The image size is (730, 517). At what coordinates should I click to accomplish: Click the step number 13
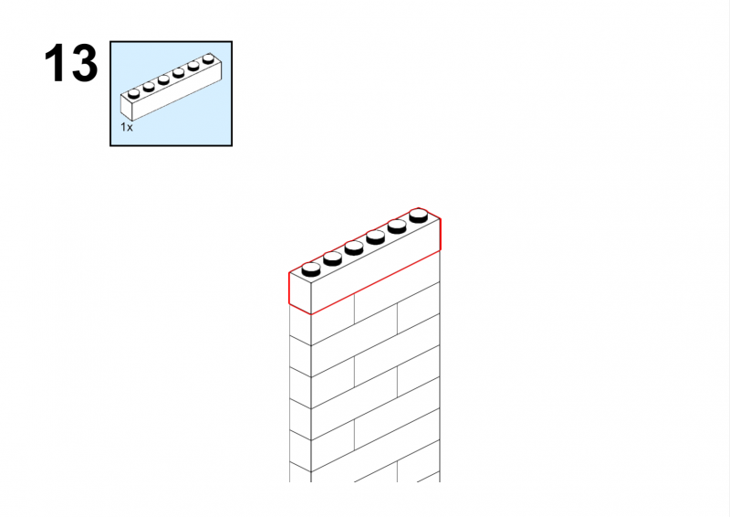[71, 63]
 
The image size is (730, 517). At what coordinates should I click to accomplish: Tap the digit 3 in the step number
[84, 63]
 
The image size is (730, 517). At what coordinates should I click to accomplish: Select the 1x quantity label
[127, 127]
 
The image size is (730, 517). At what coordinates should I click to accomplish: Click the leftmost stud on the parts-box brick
[133, 94]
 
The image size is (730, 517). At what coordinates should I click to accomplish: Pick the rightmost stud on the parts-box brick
[208, 58]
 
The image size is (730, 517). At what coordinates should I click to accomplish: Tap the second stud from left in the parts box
[149, 87]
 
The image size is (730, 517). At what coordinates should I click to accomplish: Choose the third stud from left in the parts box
[163, 79]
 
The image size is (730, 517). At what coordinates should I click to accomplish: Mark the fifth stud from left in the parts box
[193, 66]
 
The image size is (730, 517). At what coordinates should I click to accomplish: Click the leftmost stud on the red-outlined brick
[311, 269]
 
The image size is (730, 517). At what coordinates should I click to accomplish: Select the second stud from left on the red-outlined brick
[332, 258]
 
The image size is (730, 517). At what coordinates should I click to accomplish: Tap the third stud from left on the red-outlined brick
[354, 248]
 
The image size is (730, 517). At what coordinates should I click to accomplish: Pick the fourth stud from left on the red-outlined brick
[375, 237]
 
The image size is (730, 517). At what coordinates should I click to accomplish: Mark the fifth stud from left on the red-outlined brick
[397, 227]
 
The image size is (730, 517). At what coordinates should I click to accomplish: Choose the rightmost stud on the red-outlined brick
[419, 216]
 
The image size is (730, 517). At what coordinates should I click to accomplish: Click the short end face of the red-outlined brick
[300, 294]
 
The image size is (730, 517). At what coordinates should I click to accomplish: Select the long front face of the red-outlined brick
[375, 267]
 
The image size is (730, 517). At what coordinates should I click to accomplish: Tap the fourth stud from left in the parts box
[178, 73]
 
